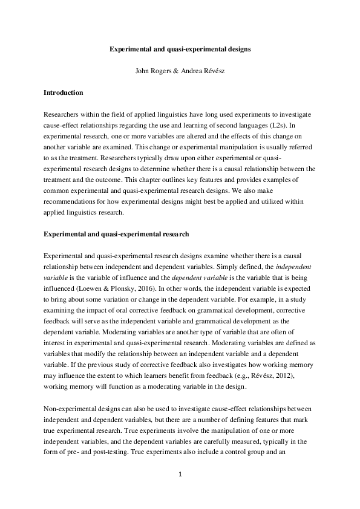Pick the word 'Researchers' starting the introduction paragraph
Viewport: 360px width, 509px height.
[62, 114]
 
